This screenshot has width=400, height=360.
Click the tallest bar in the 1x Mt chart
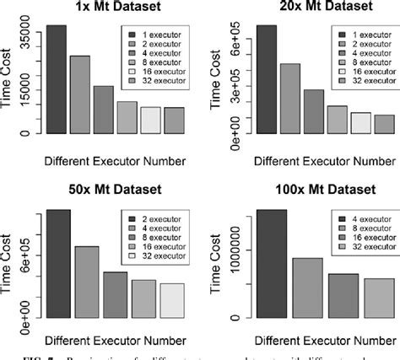tap(57, 79)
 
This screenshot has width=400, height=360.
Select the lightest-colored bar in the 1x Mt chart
tap(150, 120)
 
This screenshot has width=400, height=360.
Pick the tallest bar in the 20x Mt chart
tap(266, 79)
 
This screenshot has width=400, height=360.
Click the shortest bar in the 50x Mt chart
tap(172, 301)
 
